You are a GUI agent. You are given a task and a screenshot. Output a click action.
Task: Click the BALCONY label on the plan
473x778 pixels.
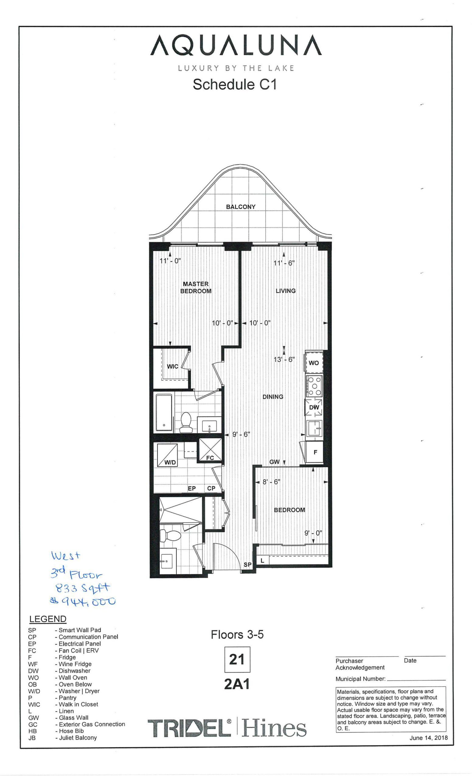coord(240,207)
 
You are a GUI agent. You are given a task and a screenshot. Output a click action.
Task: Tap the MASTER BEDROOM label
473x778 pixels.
coord(196,287)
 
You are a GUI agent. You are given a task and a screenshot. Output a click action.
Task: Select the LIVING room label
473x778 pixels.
coord(285,291)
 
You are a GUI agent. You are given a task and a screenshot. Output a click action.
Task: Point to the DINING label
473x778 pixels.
coord(273,397)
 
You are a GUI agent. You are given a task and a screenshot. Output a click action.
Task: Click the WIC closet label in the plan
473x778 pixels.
coord(172,366)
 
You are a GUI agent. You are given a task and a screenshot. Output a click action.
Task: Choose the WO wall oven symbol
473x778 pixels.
coord(313,362)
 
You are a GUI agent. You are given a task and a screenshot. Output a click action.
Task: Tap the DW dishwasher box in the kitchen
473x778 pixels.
coord(313,407)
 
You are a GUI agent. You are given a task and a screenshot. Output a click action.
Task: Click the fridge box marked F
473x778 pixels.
coord(315,452)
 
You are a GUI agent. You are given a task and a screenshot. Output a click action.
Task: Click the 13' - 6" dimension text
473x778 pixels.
coord(284,359)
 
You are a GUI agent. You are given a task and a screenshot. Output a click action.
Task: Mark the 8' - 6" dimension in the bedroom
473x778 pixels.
coord(271,482)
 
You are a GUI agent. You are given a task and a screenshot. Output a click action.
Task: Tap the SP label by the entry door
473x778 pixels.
coord(248,565)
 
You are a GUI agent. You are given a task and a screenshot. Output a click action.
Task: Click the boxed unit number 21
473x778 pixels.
coord(237,659)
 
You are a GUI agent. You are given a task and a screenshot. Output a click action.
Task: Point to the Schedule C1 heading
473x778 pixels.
coord(235,84)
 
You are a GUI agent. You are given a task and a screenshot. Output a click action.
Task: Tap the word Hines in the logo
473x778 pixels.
coord(274,728)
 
